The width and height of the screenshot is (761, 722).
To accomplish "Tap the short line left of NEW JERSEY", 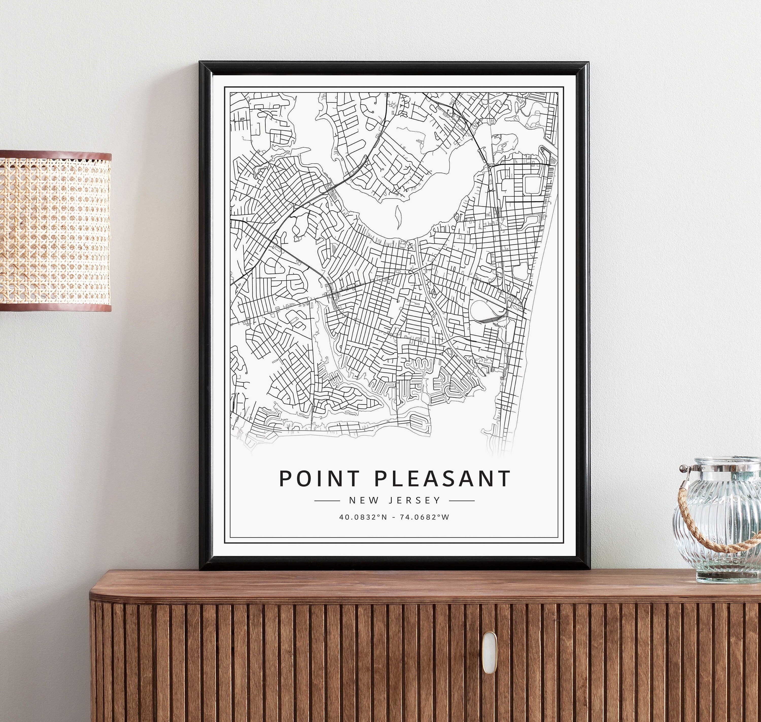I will (327, 501).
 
